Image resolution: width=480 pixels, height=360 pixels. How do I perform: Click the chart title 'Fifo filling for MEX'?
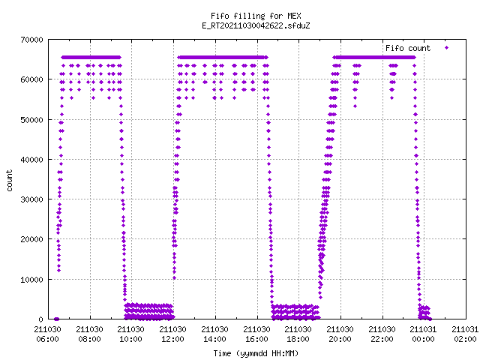tap(256, 16)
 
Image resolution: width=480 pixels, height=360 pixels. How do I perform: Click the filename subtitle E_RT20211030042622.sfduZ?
tap(256, 25)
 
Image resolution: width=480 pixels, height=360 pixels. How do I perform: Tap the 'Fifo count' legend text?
tap(408, 48)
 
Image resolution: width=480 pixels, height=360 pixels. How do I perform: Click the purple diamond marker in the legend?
tap(447, 48)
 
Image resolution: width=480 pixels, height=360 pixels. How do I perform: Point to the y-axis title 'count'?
tap(10, 181)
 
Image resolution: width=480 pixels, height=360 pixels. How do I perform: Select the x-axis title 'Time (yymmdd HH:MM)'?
tap(256, 353)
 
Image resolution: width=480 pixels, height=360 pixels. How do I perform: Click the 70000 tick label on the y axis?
tap(31, 40)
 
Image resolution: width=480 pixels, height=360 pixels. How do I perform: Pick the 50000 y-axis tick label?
tap(31, 120)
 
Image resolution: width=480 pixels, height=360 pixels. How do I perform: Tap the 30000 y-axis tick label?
tap(31, 199)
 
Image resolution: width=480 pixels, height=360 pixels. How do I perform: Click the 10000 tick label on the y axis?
tap(31, 280)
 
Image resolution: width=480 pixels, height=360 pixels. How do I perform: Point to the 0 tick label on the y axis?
tap(40, 319)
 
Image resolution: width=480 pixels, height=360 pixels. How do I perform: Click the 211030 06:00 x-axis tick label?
tap(47, 334)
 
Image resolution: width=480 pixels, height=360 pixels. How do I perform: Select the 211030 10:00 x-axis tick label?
tap(130, 334)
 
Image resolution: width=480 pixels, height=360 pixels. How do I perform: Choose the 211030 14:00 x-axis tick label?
tap(214, 334)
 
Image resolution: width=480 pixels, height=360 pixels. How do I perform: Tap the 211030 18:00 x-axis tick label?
tap(298, 334)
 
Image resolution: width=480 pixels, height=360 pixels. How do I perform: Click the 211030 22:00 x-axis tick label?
tap(382, 334)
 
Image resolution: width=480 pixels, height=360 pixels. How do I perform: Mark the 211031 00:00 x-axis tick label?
tap(423, 334)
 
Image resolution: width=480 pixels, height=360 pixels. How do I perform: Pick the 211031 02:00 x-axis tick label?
tap(465, 334)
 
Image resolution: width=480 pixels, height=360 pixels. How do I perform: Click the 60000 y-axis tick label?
tap(31, 79)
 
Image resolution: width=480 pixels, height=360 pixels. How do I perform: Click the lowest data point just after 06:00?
tap(56, 319)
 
